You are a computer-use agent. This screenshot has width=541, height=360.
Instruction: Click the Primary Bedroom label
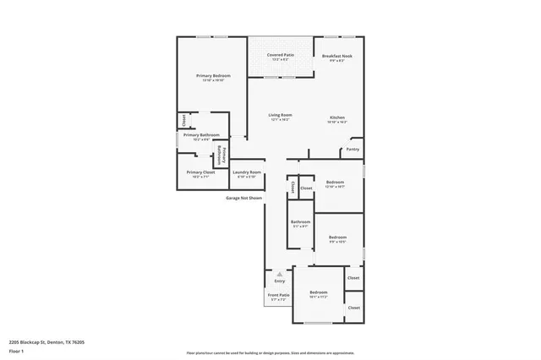pyautogui.click(x=213, y=76)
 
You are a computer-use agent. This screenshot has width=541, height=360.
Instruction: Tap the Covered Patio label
pyautogui.click(x=279, y=55)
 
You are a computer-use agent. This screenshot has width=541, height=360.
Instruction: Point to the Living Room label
pyautogui.click(x=280, y=115)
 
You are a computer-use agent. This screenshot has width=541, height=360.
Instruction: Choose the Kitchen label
pyautogui.click(x=336, y=117)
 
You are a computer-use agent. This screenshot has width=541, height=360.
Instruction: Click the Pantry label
pyautogui.click(x=353, y=150)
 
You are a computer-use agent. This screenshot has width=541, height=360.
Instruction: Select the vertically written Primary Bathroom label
pyautogui.click(x=222, y=154)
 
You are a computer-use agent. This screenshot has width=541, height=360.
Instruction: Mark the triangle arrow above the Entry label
pyautogui.click(x=279, y=274)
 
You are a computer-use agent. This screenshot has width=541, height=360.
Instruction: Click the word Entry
pyautogui.click(x=279, y=281)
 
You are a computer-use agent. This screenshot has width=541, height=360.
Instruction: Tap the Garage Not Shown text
pyautogui.click(x=243, y=198)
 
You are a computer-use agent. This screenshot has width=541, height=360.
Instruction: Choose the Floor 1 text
pyautogui.click(x=16, y=350)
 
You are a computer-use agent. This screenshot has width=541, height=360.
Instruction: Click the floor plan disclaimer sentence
pyautogui.click(x=270, y=352)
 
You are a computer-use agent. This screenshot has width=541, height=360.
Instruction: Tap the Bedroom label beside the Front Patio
pyautogui.click(x=318, y=292)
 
